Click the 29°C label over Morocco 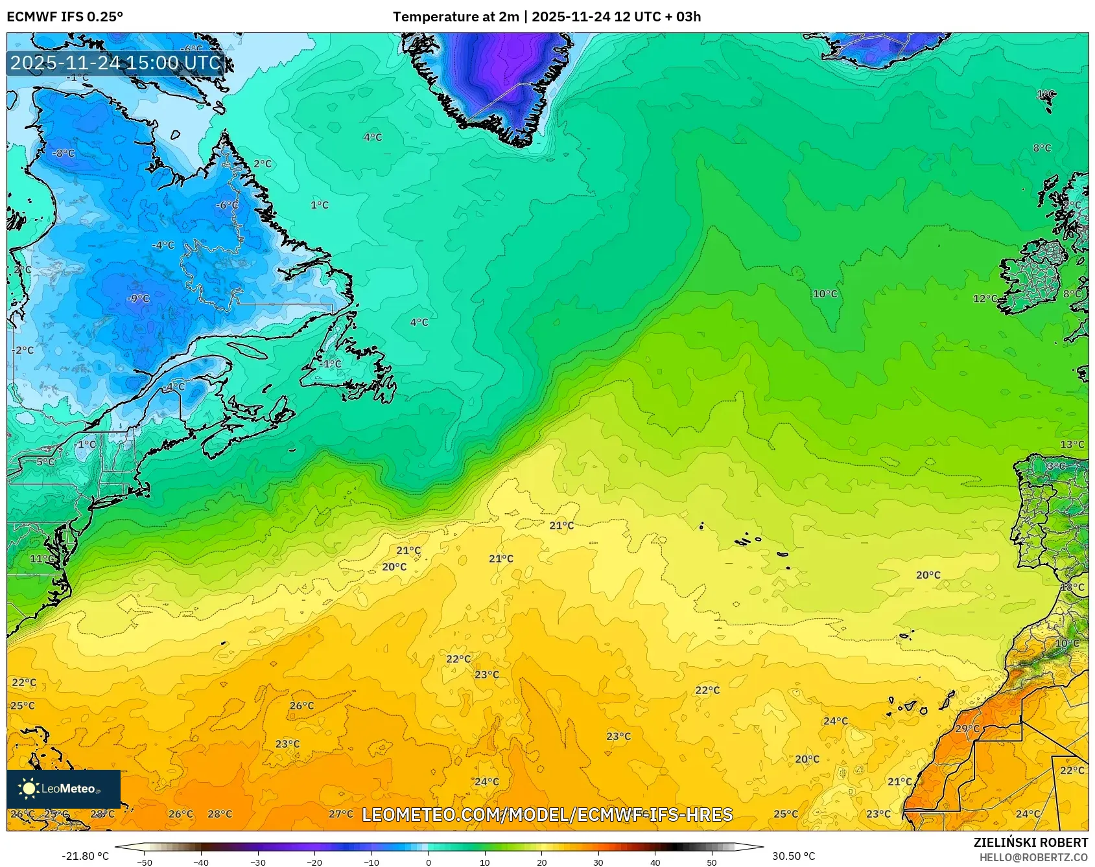[x=967, y=728]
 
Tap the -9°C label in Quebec [x=138, y=298]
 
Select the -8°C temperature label [x=64, y=154]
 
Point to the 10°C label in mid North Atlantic [x=825, y=294]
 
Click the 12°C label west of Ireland [x=985, y=299]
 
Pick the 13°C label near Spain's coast [x=1072, y=444]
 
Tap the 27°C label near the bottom [x=341, y=814]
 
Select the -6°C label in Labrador [x=226, y=205]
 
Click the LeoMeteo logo [x=63, y=789]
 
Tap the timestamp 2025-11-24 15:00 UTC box [x=115, y=63]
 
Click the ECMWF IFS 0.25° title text [x=65, y=17]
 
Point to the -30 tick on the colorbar [x=258, y=862]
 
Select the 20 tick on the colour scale [x=541, y=862]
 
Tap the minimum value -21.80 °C [x=86, y=856]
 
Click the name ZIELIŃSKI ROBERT [x=1030, y=842]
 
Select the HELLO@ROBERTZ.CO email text [x=1033, y=857]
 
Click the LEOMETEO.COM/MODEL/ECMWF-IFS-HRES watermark [x=547, y=815]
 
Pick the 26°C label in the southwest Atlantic [x=301, y=706]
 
